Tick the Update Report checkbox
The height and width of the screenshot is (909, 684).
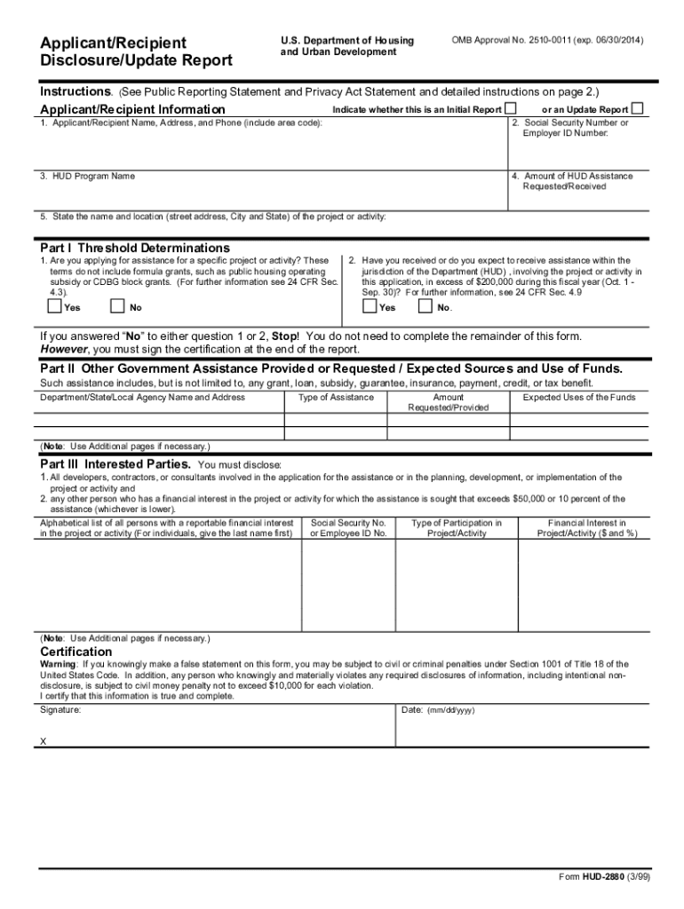point(637,108)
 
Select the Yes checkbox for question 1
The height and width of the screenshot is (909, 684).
point(54,307)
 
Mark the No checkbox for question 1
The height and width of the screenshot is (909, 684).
point(117,307)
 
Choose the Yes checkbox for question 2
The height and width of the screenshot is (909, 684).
point(369,307)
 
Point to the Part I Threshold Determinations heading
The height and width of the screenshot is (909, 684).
point(135,248)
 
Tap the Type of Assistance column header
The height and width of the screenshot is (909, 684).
point(336,398)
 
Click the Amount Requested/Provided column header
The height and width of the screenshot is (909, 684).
point(448,403)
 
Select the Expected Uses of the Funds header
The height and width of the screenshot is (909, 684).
point(578,398)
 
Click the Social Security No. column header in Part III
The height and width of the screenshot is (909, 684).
point(347,528)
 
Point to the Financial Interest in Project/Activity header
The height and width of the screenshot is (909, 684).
point(586,528)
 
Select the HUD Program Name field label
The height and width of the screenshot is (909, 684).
point(87,176)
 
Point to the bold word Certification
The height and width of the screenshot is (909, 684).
point(76,652)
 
